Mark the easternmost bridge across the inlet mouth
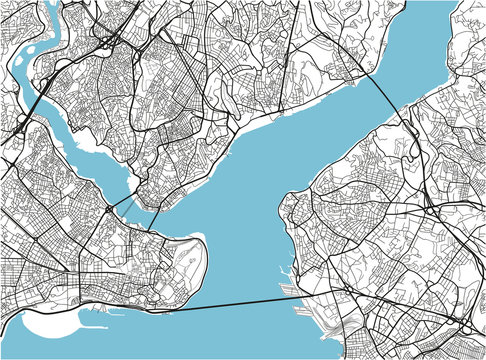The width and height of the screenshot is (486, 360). coord(156,212)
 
